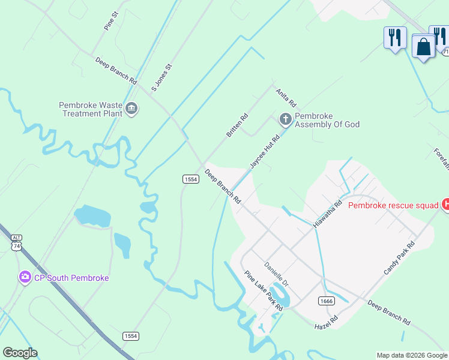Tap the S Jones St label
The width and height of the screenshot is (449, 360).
161,77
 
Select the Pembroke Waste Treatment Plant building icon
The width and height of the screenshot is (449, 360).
131,109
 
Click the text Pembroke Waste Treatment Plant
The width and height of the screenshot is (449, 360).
90,109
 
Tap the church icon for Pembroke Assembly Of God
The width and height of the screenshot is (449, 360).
285,119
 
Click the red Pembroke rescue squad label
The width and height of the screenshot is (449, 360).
393,205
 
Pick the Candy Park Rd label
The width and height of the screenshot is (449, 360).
399,259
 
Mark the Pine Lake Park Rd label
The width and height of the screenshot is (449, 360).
264,291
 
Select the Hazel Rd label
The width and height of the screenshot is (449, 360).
327,323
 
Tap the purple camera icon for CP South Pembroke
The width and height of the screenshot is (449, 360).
25,277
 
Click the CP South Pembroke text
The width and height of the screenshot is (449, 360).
71,278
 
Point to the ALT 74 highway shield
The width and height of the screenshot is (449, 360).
16,242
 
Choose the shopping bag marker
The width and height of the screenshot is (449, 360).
424,46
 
